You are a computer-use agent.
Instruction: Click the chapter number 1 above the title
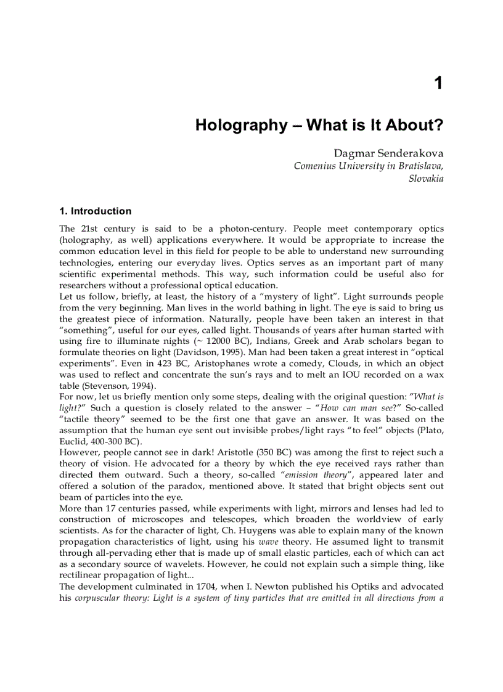click(438, 83)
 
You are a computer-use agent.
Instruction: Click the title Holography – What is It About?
click(319, 125)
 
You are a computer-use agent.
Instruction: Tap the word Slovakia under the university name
click(426, 179)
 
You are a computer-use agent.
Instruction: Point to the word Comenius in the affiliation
click(314, 166)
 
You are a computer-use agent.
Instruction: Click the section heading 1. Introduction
click(95, 211)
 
